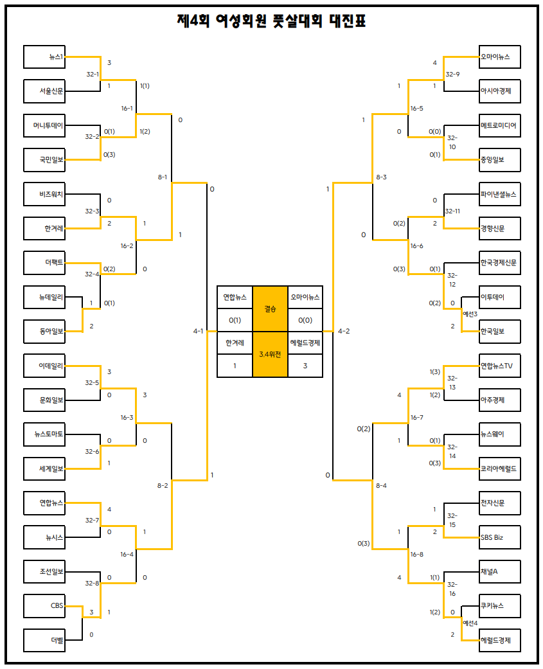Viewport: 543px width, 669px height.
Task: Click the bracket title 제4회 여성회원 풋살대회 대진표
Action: coord(271,21)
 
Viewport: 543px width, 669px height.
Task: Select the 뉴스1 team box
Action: coord(44,57)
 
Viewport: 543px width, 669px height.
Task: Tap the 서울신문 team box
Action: coord(44,91)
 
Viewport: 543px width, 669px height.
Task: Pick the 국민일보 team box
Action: coord(44,160)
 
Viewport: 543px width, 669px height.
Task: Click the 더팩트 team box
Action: coord(44,263)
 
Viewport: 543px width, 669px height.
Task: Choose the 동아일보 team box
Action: coord(44,332)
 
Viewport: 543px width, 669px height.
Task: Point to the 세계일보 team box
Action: coord(44,469)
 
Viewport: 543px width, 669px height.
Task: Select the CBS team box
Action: coord(44,606)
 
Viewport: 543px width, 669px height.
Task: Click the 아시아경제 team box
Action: coord(500,91)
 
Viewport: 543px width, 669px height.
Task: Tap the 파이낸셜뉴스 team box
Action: coord(500,194)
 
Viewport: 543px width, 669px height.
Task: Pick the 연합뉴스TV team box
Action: coord(500,366)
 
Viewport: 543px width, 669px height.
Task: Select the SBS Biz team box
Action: coord(500,537)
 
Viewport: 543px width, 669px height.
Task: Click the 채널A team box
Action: coord(500,571)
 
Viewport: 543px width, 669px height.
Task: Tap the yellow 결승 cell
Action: coord(270,308)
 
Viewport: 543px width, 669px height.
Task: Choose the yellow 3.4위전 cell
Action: coord(270,354)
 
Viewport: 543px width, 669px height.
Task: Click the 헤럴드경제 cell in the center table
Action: coord(305,343)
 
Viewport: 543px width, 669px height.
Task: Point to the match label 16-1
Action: coord(127,108)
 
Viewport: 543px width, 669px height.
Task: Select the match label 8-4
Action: coord(381,485)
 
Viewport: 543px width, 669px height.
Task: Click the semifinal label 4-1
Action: coord(198,331)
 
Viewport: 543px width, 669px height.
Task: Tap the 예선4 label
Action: coord(470,623)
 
